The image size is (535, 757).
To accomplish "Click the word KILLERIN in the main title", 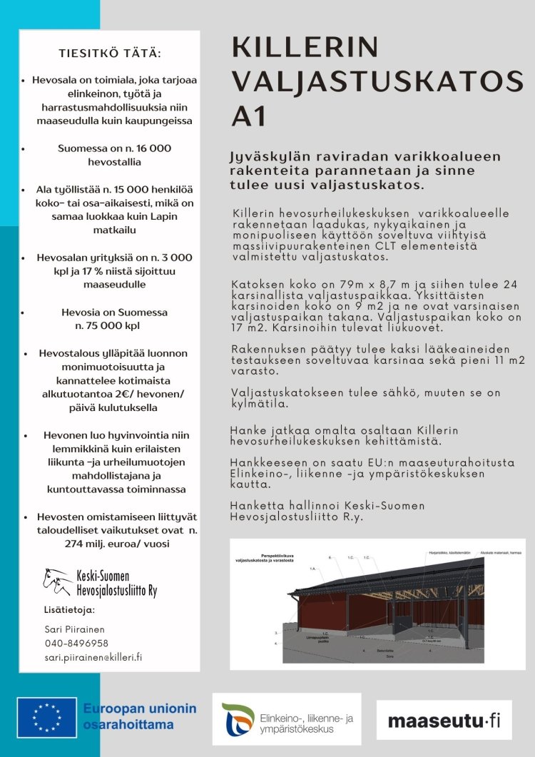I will click(305, 49).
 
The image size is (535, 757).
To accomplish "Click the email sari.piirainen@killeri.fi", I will click(93, 656).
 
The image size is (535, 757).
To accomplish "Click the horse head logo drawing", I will click(57, 581).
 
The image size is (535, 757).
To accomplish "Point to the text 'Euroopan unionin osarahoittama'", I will click(139, 716).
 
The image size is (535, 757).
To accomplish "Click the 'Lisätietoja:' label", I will click(69, 610).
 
